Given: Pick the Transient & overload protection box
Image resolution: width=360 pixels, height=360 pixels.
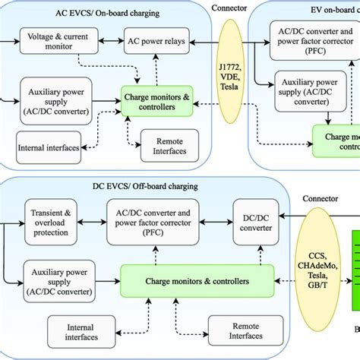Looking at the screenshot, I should pos(51,220).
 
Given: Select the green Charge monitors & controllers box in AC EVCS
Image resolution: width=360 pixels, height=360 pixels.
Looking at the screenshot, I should pos(158,102).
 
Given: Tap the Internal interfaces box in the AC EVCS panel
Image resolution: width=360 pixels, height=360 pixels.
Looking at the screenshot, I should pos(48,147).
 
